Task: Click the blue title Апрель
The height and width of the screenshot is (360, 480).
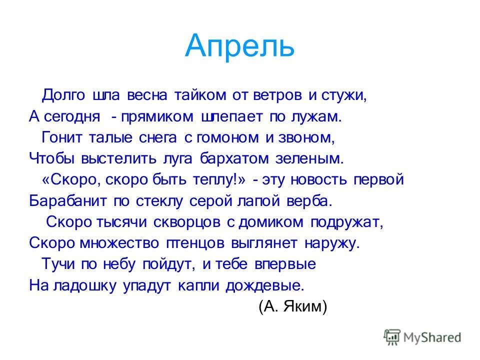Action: pos(239,46)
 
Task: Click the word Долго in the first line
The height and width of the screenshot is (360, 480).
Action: pos(63,95)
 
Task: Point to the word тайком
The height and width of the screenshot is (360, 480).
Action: pos(200,95)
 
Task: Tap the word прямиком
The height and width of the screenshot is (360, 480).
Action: pos(157,117)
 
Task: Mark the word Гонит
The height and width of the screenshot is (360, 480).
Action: pos(61,137)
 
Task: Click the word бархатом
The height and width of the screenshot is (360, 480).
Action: pos(234,158)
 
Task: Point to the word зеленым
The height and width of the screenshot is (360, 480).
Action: pos(309,158)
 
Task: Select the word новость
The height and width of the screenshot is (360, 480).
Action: pos(318,180)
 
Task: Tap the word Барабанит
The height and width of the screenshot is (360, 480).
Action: pos(68,201)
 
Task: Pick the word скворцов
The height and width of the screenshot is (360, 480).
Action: pos(186,222)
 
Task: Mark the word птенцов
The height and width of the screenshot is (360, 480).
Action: pos(195,243)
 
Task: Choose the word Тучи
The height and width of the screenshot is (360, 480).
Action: pos(58,264)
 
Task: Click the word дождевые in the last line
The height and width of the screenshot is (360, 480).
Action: pos(265,285)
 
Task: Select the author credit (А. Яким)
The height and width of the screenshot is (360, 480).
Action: pos(293,306)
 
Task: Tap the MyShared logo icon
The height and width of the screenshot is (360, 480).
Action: pos(392,337)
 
